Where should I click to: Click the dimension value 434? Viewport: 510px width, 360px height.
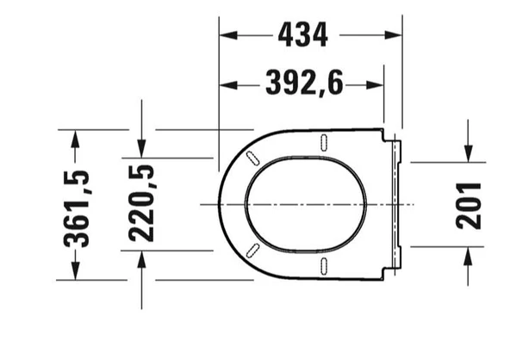click(x=302, y=35)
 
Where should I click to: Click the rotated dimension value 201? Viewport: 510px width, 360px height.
click(x=468, y=204)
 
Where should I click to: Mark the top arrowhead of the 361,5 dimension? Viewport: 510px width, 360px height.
click(x=76, y=138)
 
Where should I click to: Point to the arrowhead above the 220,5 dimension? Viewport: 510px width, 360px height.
click(x=142, y=150)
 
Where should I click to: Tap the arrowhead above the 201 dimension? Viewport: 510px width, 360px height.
click(x=468, y=153)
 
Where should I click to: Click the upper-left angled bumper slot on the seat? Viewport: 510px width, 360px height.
click(x=253, y=158)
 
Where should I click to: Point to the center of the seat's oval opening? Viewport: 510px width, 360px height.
click(x=306, y=204)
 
